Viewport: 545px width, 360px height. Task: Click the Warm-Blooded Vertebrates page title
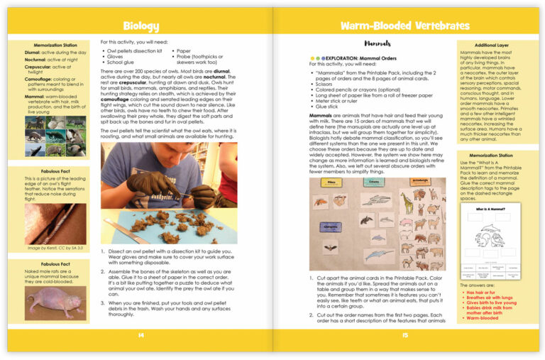(404, 26)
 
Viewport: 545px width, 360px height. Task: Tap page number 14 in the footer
(141, 336)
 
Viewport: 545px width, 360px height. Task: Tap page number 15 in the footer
(404, 336)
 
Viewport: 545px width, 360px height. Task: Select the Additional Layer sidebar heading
(490, 44)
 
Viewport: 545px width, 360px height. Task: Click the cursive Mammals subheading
(378, 43)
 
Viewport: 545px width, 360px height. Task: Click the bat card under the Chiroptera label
(331, 249)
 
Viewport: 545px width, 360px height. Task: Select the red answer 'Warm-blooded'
(483, 317)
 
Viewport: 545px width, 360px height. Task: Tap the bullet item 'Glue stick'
(327, 107)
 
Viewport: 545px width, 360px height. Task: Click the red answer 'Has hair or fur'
(485, 292)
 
